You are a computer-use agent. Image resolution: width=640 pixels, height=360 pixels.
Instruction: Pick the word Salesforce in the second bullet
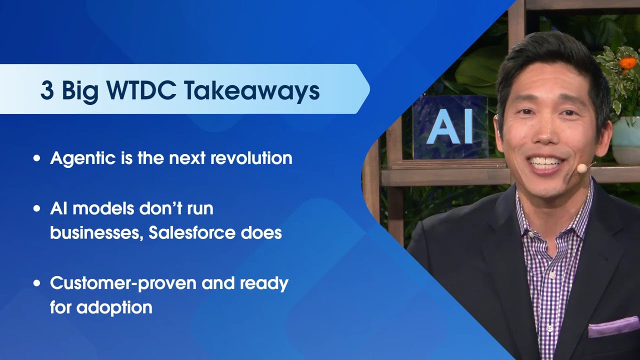[198, 232]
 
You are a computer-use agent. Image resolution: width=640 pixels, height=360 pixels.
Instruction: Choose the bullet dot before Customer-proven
[36, 283]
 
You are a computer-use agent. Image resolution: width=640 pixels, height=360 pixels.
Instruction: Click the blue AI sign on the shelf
[450, 127]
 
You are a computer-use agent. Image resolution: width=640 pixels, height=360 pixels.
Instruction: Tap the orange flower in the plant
[626, 63]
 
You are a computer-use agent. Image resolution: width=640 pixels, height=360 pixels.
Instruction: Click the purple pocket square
[613, 327]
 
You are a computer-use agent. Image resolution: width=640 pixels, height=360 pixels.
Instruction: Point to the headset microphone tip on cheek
[581, 169]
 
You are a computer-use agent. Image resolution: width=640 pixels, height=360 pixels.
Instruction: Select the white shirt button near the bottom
[549, 328]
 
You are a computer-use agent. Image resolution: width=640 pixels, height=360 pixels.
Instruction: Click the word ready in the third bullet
[263, 283]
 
